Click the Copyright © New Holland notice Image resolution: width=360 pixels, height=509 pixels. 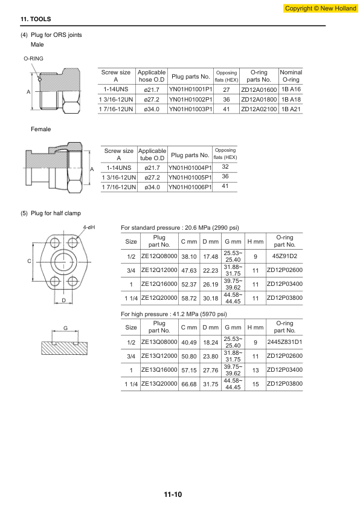click(x=320, y=8)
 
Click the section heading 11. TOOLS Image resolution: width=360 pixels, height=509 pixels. click(x=36, y=19)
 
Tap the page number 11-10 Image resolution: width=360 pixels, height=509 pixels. click(x=173, y=494)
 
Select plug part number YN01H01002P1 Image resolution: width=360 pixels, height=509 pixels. click(x=190, y=99)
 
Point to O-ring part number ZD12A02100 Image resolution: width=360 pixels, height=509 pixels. click(x=259, y=109)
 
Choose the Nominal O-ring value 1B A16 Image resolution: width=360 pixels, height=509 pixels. click(x=291, y=89)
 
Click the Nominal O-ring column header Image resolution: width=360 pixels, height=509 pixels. click(x=291, y=76)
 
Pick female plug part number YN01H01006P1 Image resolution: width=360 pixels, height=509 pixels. click(x=190, y=187)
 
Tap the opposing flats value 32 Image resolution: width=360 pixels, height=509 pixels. click(x=225, y=167)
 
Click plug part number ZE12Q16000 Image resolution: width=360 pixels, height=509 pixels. click(x=159, y=284)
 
